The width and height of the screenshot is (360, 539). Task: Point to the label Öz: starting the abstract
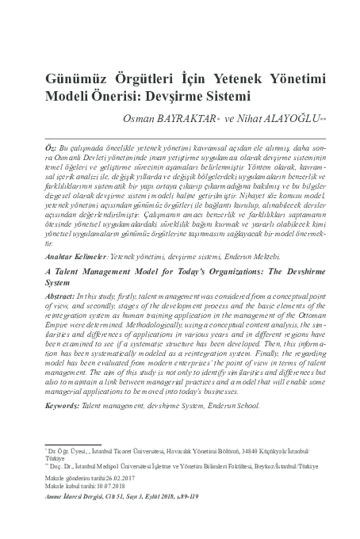click(52, 149)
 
